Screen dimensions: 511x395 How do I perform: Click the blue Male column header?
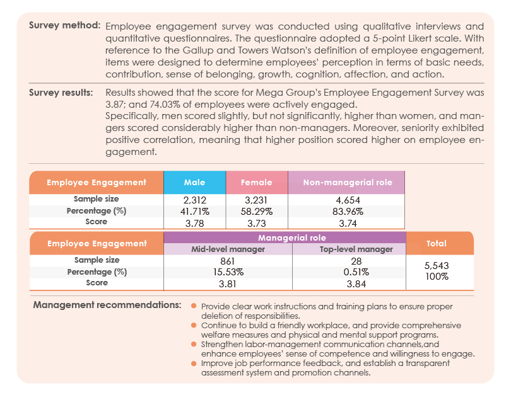194,182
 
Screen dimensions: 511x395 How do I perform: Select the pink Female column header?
257,182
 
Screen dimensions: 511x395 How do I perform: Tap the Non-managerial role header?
348,182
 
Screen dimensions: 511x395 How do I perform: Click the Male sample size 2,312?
194,200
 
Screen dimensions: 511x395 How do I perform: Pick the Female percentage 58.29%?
257,212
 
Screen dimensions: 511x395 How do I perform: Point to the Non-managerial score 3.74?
348,223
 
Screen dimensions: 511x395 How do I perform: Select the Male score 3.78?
194,223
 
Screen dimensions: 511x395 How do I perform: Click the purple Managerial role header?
292,238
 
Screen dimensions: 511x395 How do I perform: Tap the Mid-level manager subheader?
228,249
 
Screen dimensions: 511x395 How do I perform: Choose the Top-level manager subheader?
356,249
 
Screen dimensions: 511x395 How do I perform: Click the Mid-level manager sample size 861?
228,261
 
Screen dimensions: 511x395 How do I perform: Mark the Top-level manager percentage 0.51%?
356,272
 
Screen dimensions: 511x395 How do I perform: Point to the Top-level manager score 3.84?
356,283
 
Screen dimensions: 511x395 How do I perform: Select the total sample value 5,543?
437,265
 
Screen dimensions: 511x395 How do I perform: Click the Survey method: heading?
64,25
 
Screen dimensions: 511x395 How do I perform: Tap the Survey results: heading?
61,93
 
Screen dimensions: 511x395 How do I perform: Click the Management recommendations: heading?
107,305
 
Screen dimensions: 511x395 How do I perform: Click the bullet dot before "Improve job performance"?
194,364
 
